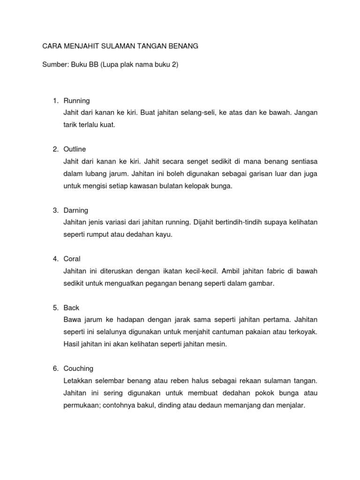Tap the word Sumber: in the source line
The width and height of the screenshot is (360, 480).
55,66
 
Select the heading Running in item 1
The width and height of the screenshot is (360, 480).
76,101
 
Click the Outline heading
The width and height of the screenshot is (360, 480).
75,150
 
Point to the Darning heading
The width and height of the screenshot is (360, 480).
76,210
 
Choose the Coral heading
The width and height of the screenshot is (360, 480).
72,259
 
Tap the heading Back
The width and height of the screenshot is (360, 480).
71,308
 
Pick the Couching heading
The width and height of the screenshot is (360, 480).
79,369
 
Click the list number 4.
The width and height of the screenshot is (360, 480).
55,259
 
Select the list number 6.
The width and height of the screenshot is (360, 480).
55,369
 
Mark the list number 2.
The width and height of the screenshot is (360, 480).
55,150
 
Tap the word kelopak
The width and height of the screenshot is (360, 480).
190,186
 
